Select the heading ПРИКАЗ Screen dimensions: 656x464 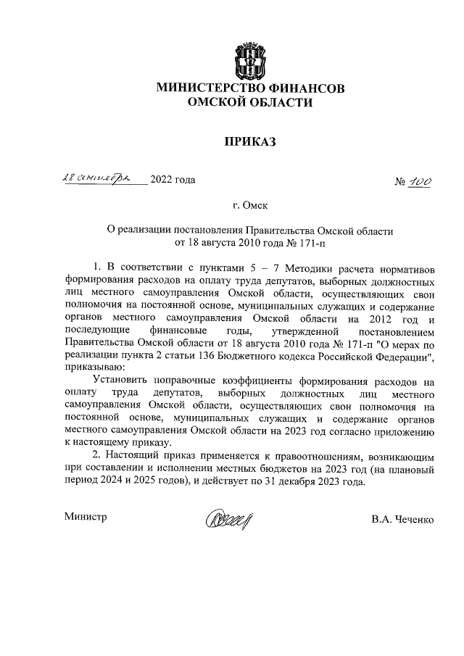[251, 141]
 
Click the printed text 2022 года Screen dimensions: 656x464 [173, 180]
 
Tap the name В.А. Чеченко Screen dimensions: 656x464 [402, 520]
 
